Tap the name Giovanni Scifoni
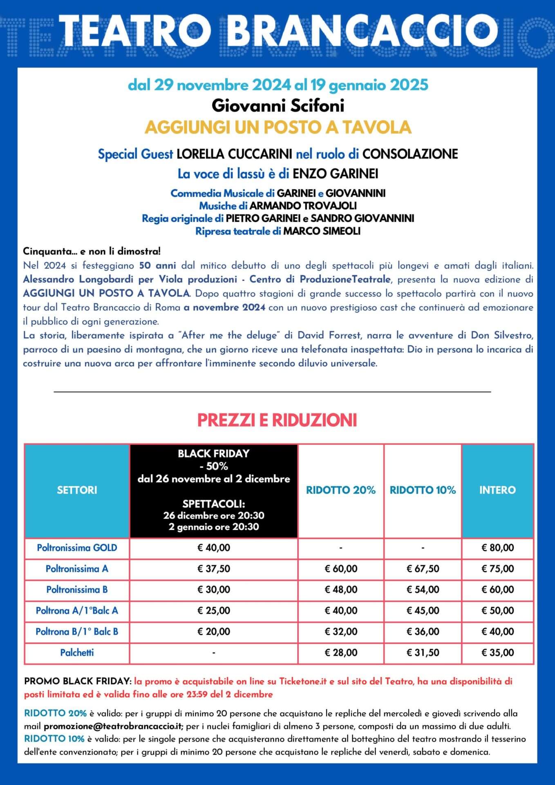pyautogui.click(x=277, y=106)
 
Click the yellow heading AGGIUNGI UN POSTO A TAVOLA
pyautogui.click(x=277, y=128)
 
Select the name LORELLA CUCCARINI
pyautogui.click(x=234, y=154)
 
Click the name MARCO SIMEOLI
pyautogui.click(x=322, y=231)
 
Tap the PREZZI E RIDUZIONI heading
pyautogui.click(x=277, y=420)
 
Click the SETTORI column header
pyautogui.click(x=77, y=490)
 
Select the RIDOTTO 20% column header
pyautogui.click(x=340, y=490)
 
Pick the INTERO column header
pyautogui.click(x=497, y=490)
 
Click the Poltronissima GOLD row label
pyautogui.click(x=77, y=548)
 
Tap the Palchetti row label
pyautogui.click(x=77, y=653)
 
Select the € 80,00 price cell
pyautogui.click(x=497, y=548)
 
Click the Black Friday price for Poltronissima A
pyautogui.click(x=213, y=569)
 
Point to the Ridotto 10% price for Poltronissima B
pyautogui.click(x=423, y=590)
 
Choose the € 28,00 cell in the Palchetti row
pyautogui.click(x=340, y=653)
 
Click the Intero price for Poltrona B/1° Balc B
pyautogui.click(x=497, y=632)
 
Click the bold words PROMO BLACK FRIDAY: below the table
pyautogui.click(x=78, y=682)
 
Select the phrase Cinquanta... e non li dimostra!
pyautogui.click(x=92, y=251)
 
